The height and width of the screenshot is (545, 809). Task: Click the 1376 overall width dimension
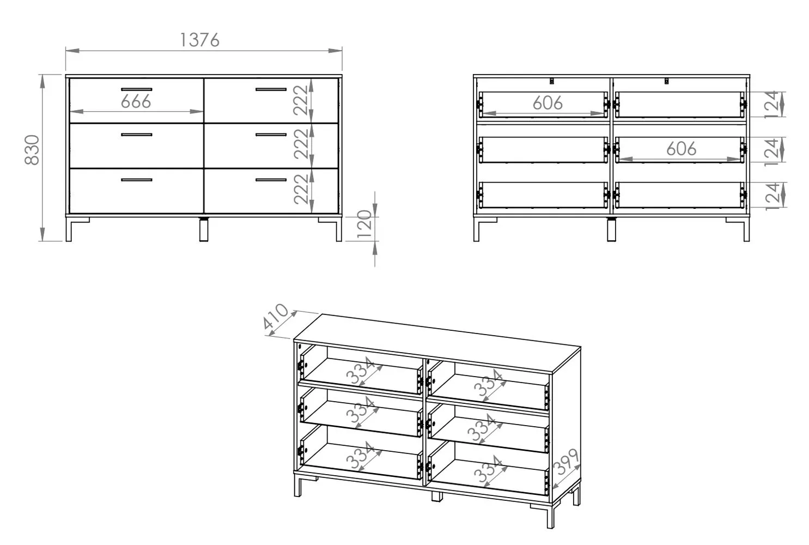(x=199, y=40)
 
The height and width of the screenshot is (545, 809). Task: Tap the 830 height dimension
(x=32, y=150)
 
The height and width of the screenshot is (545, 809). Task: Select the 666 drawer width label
(x=136, y=101)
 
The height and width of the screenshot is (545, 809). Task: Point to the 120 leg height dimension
(x=364, y=224)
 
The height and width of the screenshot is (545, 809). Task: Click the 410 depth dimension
(x=275, y=317)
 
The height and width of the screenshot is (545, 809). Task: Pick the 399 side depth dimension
(x=567, y=462)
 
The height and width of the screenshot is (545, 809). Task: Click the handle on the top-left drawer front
(x=137, y=89)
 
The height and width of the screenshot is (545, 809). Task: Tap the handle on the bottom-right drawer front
(x=271, y=180)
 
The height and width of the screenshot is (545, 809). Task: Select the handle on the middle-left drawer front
(x=137, y=135)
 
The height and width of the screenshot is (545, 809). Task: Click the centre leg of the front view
(x=204, y=229)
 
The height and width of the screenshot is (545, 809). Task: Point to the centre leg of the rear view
(x=611, y=229)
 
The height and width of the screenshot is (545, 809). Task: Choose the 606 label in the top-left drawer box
(x=548, y=104)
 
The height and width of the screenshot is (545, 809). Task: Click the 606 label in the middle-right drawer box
(x=681, y=149)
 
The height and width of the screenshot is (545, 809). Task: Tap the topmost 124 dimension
(x=772, y=105)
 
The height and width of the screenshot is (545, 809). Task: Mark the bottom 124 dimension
(x=772, y=196)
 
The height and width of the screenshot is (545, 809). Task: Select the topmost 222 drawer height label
(x=301, y=100)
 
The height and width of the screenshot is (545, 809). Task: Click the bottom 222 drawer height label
(x=301, y=189)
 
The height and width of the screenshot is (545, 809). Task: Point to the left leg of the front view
(x=69, y=229)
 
